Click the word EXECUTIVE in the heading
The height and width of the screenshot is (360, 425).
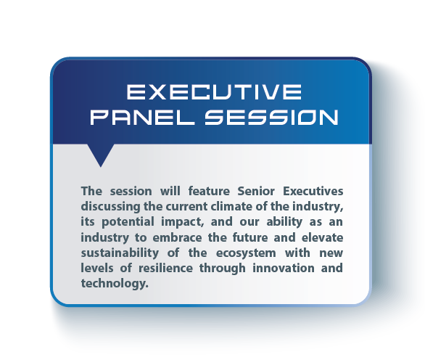click(214, 91)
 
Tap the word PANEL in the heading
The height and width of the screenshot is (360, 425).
click(143, 118)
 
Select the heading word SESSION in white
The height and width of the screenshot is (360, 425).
click(271, 118)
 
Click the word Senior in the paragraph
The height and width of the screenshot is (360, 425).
click(256, 191)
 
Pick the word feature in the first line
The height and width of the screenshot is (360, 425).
click(209, 191)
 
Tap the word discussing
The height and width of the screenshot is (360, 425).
click(110, 207)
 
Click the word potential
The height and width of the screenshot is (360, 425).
click(128, 222)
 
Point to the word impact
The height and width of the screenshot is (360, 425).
click(182, 222)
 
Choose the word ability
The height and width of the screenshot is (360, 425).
click(284, 222)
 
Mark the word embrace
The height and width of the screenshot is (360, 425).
click(177, 237)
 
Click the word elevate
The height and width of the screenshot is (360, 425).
click(322, 237)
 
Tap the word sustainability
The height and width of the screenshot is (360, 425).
click(120, 253)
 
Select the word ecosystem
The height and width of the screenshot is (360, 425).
click(246, 253)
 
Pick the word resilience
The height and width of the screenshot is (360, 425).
click(165, 268)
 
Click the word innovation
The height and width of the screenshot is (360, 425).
click(284, 268)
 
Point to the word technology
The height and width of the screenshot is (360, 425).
click(115, 284)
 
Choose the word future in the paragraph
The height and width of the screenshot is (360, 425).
click(250, 237)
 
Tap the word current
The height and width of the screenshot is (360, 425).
click(186, 207)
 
